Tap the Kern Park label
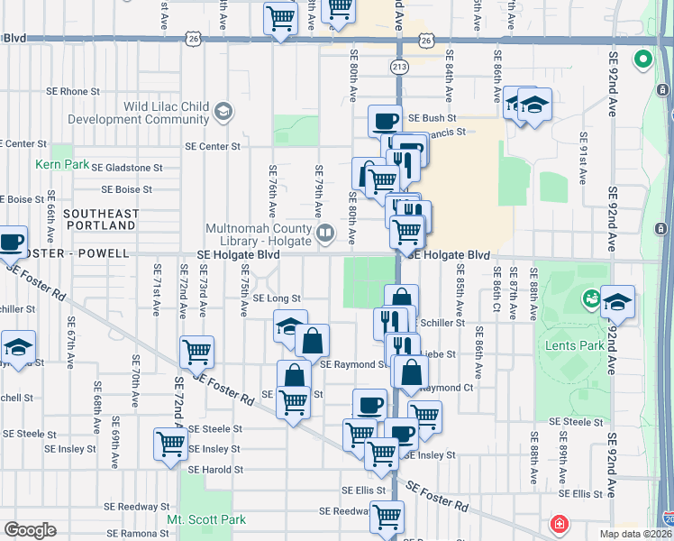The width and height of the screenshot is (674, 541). coord(50,164)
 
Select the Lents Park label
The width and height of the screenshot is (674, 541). coord(569,345)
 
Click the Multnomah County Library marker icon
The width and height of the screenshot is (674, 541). coord(326,234)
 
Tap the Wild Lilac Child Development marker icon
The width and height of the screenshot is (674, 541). coord(223,112)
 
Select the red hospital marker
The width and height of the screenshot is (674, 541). coord(560,524)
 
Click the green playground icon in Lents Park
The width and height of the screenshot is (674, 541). coord(592,297)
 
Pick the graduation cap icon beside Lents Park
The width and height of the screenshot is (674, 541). coord(617,303)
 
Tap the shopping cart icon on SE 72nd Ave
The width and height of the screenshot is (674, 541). coord(196,353)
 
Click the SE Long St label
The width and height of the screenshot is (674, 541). coord(276,298)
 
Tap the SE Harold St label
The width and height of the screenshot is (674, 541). coord(215,469)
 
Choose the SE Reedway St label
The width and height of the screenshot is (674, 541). coord(126,507)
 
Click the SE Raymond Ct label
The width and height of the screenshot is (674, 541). coord(447,388)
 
